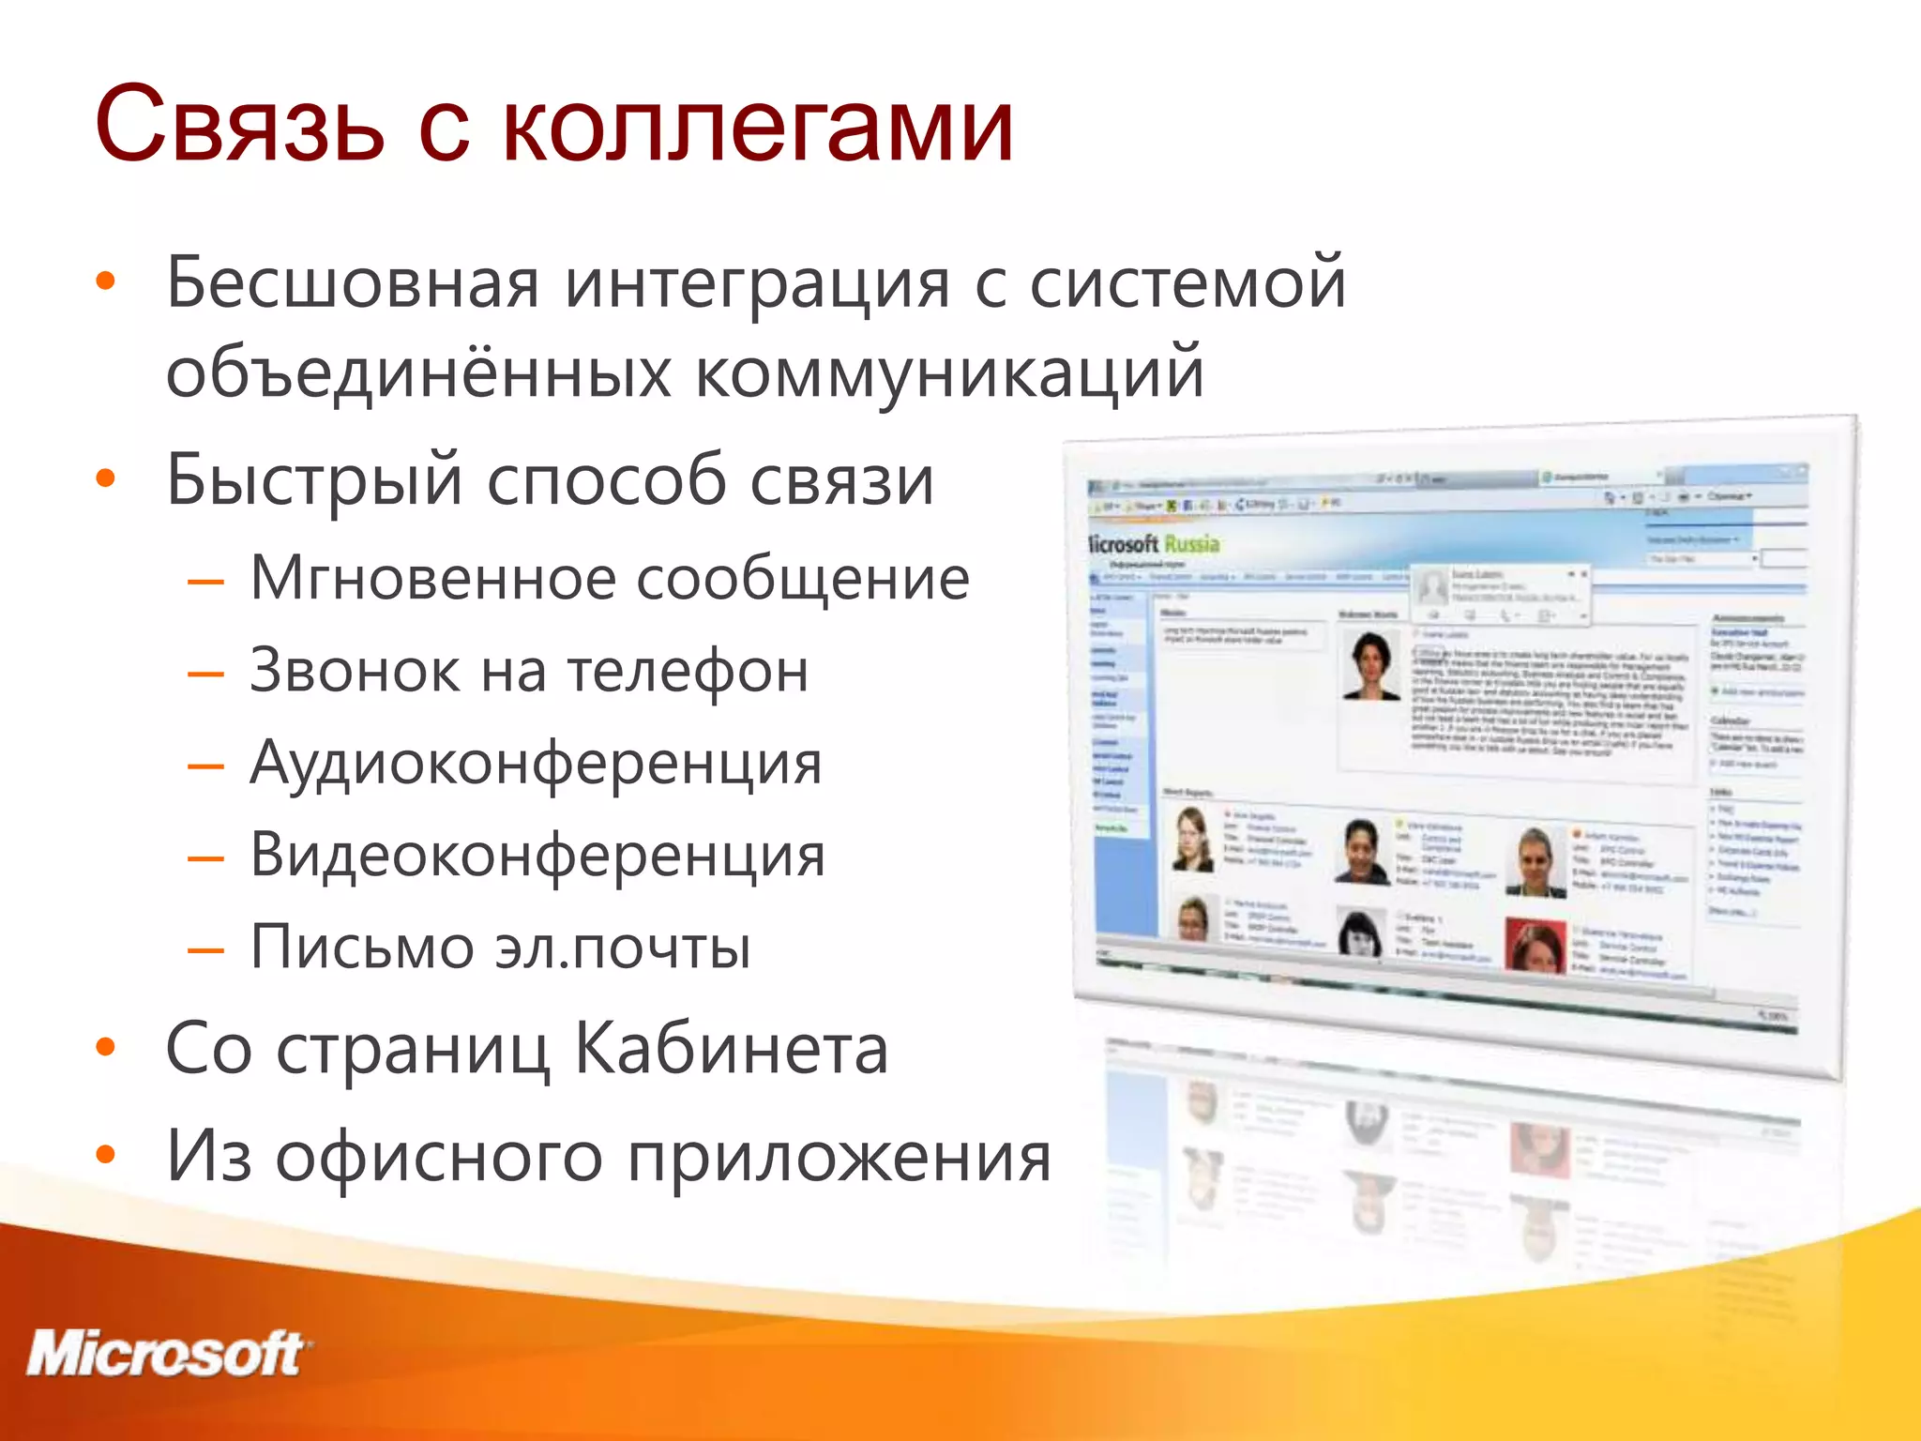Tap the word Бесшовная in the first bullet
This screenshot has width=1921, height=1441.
coord(353,282)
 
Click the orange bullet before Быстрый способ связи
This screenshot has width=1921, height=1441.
coord(106,478)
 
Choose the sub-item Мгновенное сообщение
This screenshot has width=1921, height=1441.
coord(610,578)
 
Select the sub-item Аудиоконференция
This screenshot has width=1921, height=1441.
coord(536,763)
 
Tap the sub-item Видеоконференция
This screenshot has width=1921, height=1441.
coord(537,855)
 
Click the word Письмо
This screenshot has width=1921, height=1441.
coord(362,947)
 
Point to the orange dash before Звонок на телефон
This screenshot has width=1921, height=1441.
coord(205,675)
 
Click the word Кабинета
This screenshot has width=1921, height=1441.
coord(731,1049)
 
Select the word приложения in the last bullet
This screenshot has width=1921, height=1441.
coord(839,1157)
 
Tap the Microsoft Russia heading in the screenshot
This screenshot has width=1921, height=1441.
coord(1154,543)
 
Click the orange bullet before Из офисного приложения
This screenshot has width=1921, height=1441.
coord(106,1156)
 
